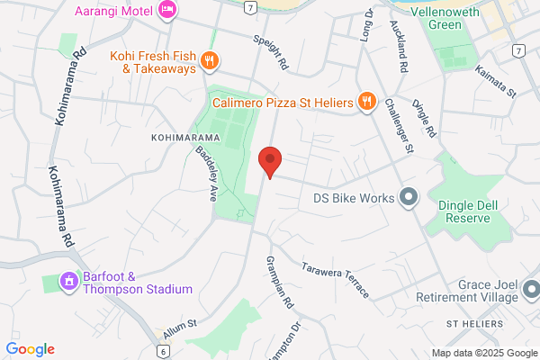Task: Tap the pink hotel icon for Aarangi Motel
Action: (167, 9)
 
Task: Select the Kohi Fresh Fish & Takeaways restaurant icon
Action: (210, 61)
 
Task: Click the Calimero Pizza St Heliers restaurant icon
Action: (365, 101)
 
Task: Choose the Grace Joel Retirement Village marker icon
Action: (530, 290)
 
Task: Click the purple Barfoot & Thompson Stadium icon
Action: (68, 282)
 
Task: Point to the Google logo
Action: (30, 349)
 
